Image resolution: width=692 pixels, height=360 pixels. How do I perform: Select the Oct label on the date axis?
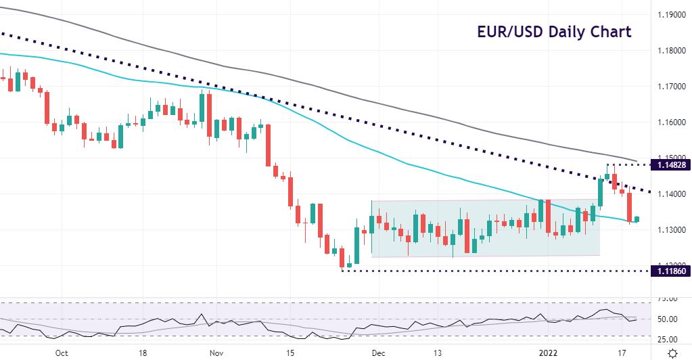click(61, 353)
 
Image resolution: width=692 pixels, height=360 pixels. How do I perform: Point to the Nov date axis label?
click(216, 353)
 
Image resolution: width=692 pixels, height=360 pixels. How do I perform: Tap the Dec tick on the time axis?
click(379, 353)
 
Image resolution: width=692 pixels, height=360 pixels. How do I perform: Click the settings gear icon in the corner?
click(672, 353)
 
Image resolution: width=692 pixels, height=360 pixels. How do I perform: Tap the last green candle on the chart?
click(637, 219)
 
